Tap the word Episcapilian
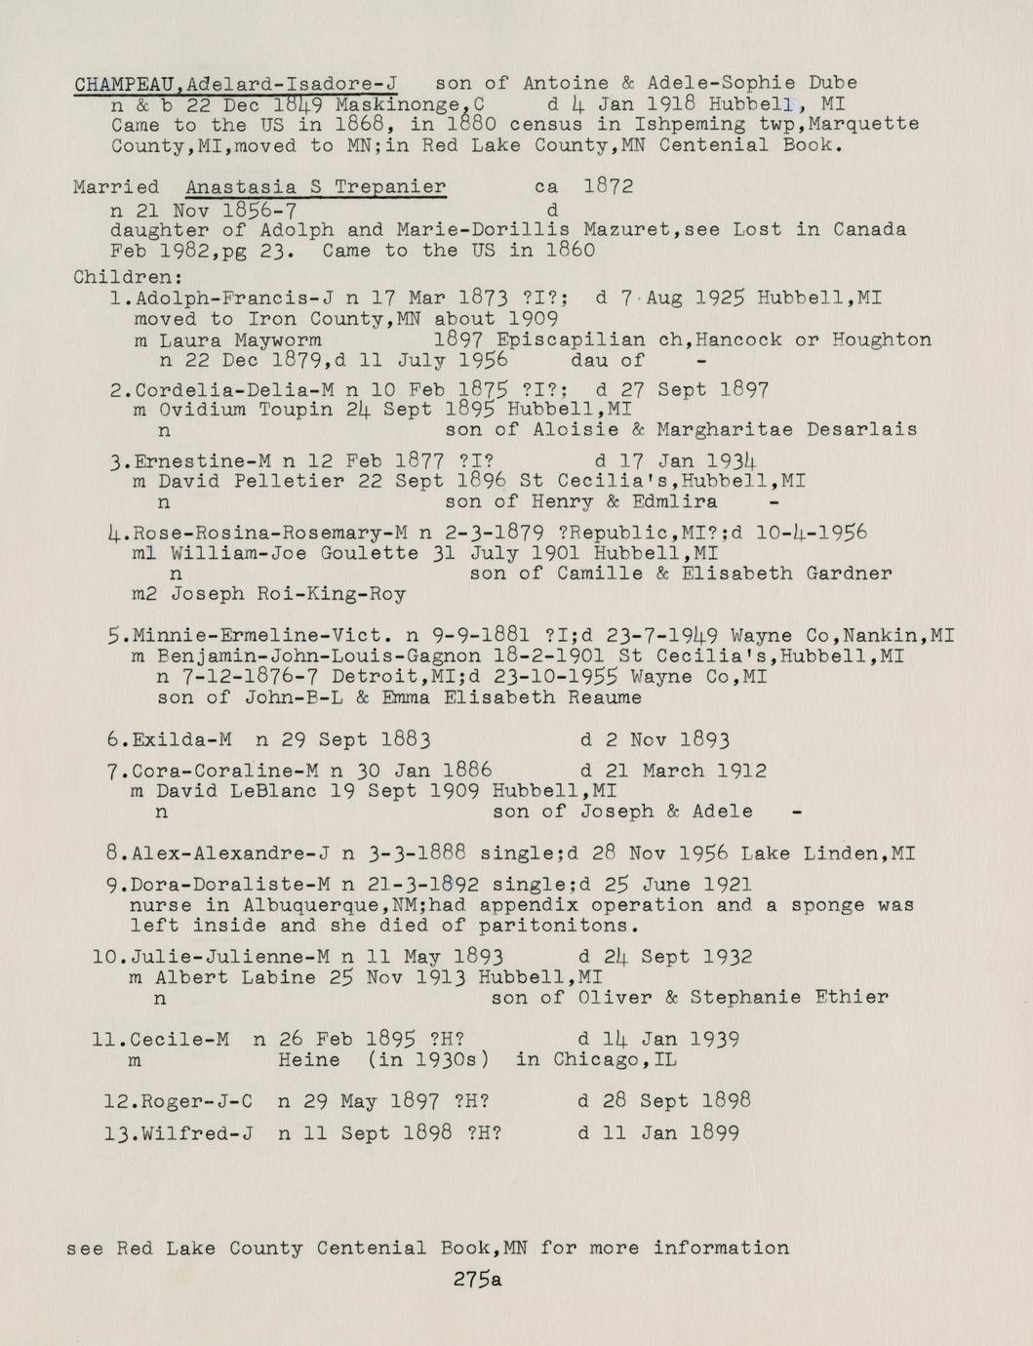pyautogui.click(x=571, y=340)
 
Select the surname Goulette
pyautogui.click(x=364, y=553)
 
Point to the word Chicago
pyautogui.click(x=596, y=1059)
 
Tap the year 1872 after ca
pyautogui.click(x=608, y=186)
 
